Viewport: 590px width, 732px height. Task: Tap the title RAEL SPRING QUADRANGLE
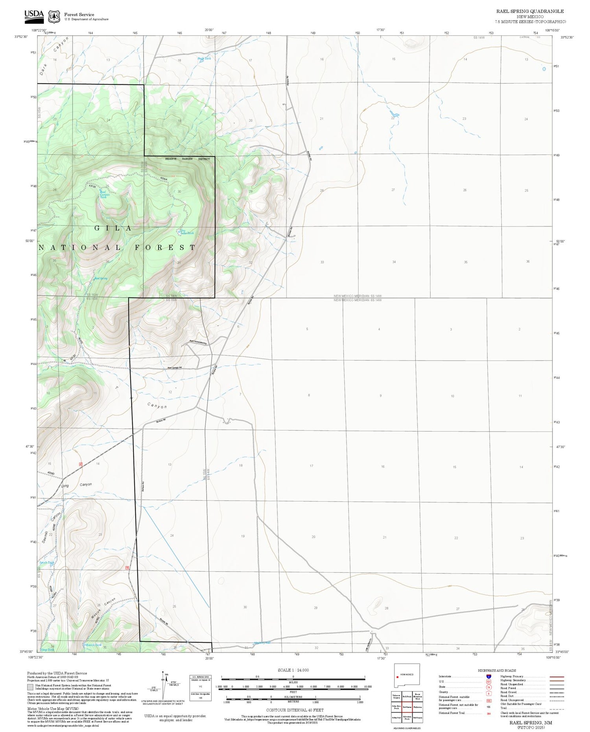tap(530, 11)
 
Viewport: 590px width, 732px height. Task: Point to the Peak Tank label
tap(204, 59)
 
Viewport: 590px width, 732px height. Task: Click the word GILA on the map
tap(113, 228)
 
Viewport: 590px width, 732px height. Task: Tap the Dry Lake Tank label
tap(187, 232)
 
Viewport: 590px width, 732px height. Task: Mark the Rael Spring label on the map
tap(101, 278)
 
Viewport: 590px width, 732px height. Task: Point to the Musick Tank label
tap(93, 645)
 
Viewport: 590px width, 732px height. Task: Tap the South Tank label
tap(46, 563)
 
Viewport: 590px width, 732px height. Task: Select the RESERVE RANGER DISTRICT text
tap(187, 159)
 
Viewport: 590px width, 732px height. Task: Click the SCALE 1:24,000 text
tap(293, 670)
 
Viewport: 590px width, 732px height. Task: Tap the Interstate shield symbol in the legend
tap(489, 677)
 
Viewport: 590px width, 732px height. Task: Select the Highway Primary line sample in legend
tap(554, 677)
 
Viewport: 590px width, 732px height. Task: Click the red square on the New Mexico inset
tap(397, 677)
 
